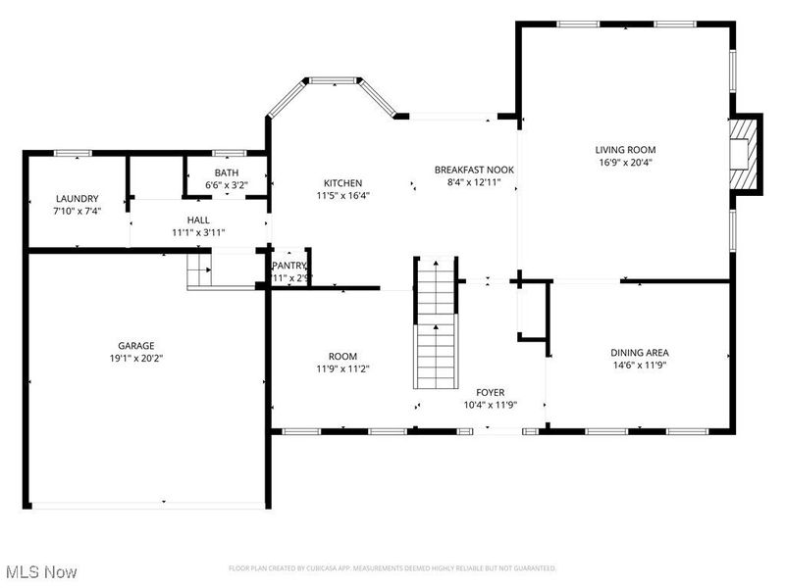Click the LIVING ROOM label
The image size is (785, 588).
point(623,150)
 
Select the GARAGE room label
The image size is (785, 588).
point(136,346)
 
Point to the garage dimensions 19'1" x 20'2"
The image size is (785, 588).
point(136,359)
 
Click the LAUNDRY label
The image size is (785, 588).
point(77,198)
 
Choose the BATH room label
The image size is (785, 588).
point(226,172)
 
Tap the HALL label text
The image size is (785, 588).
point(199,220)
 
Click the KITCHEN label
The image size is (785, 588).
point(343,183)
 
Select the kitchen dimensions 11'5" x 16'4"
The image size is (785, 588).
point(343,195)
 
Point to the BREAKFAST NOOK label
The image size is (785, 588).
point(474,170)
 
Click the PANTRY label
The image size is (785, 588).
point(290,266)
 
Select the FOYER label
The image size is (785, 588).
point(491,392)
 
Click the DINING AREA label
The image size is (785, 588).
point(640,353)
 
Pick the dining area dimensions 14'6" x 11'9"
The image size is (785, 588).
point(640,366)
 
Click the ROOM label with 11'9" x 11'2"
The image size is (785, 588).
point(342,356)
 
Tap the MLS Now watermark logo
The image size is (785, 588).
point(41,570)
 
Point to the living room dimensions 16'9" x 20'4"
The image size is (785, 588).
point(623,163)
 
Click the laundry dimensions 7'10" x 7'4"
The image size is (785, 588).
point(77,210)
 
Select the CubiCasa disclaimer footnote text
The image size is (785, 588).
point(392,568)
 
